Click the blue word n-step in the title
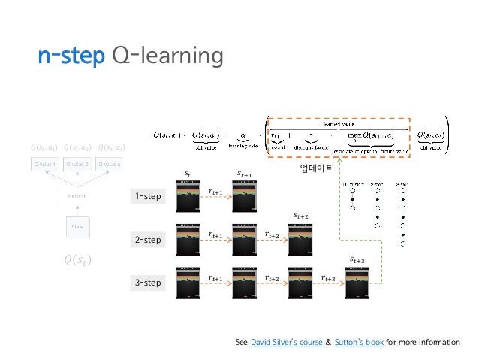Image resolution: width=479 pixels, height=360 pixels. pos(70,56)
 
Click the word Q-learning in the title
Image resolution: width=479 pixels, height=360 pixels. pos(167,56)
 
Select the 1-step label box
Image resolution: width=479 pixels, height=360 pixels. pos(148,198)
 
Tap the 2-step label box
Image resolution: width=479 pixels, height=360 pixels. pos(148,241)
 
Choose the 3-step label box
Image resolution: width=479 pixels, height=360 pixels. pos(148,283)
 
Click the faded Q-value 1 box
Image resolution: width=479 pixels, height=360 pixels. pos(44,163)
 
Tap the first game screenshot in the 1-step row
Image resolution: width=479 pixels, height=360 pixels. pos(188,198)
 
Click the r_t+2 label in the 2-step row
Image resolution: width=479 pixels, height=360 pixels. pos(273,236)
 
